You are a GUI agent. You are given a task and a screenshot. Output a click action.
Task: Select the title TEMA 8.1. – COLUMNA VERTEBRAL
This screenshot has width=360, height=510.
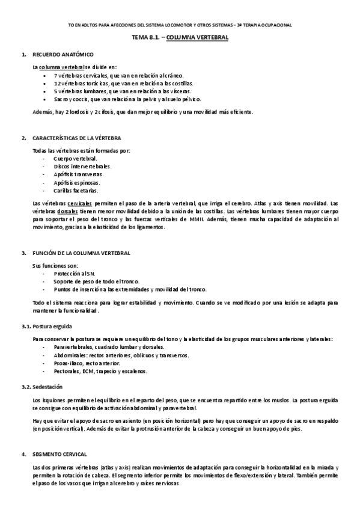pos(180,37)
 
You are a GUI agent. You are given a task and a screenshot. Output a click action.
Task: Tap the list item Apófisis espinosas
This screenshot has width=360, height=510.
pos(77,182)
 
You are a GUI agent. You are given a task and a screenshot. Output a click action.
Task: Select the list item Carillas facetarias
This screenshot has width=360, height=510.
pos(75,190)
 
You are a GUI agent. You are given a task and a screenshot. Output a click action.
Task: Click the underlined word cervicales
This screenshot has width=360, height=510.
pos(79,204)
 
